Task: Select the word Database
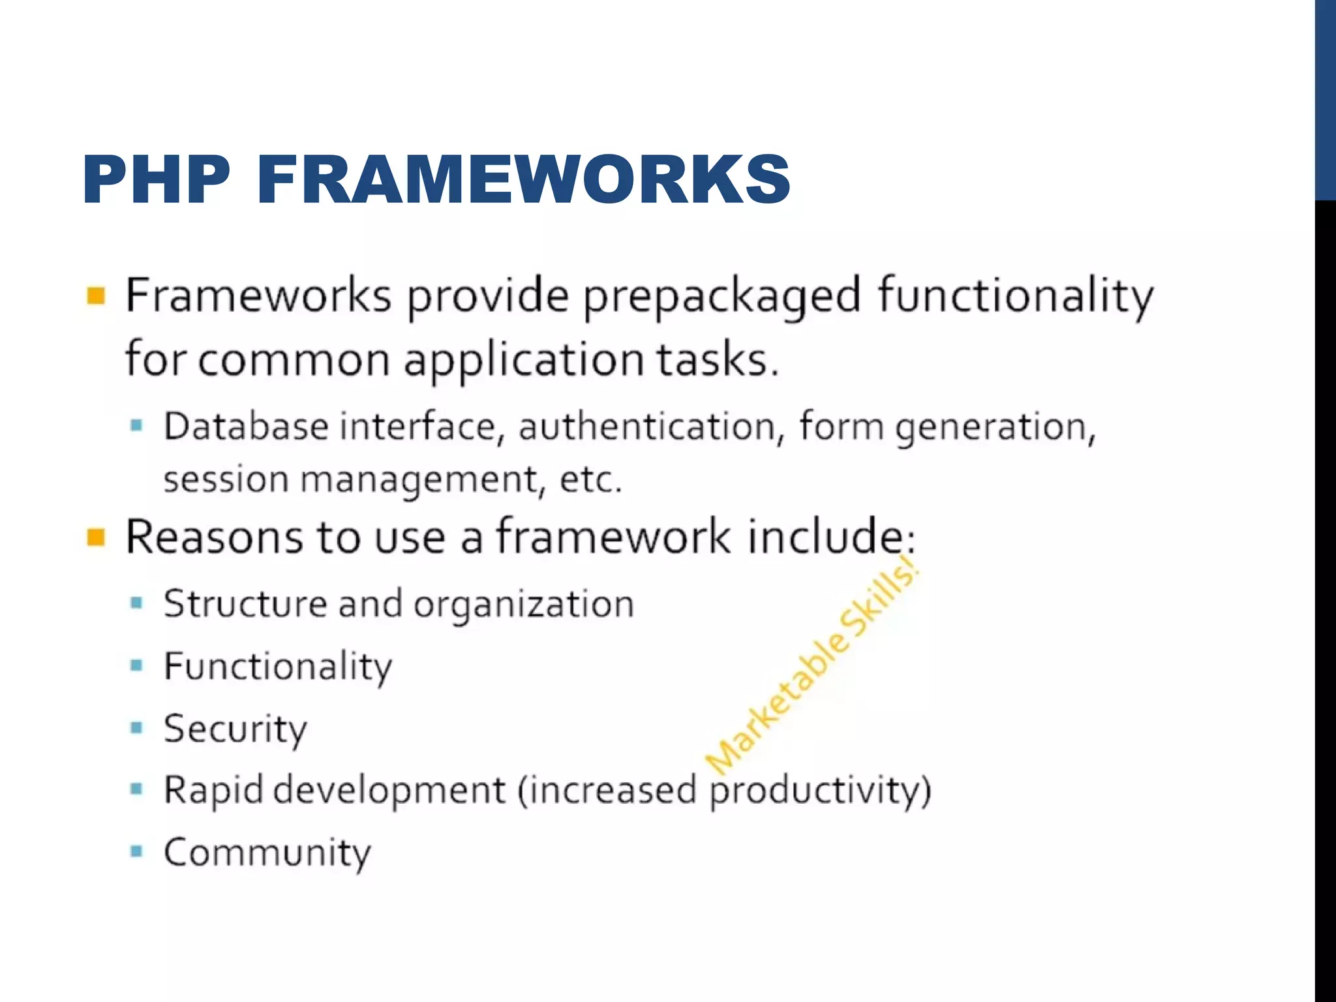(x=245, y=427)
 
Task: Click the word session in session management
(x=226, y=480)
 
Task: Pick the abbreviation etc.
(x=590, y=480)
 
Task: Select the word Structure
(x=245, y=604)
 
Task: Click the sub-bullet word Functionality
(x=278, y=667)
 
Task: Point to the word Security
(x=235, y=729)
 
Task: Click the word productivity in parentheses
(x=814, y=791)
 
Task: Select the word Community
(x=267, y=853)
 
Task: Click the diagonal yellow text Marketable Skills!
(x=812, y=665)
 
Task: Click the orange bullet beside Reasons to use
(x=96, y=538)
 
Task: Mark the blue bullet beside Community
(x=136, y=851)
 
